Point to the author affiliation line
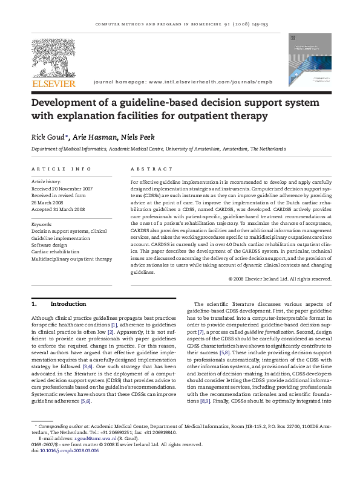[x=154, y=148]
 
